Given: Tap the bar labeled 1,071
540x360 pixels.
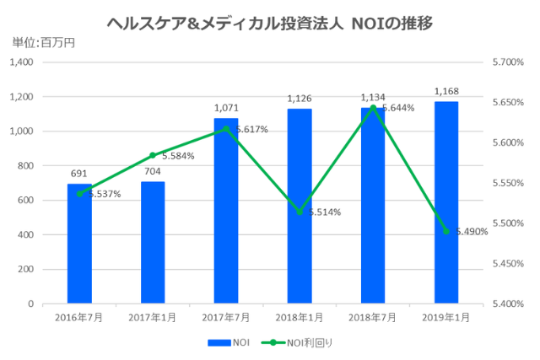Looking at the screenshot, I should [226, 211].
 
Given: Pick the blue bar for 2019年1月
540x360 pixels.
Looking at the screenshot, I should [446, 202].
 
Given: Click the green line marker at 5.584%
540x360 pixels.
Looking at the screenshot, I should [153, 155].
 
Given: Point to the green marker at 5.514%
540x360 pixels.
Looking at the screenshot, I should [300, 212].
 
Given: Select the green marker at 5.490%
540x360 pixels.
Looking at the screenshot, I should [446, 231].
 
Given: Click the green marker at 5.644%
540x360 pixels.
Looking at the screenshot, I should [373, 107].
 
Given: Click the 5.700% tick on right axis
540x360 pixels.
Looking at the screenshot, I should [507, 62].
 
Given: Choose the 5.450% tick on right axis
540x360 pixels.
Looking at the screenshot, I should [507, 263].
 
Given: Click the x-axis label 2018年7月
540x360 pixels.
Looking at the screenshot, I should [373, 318].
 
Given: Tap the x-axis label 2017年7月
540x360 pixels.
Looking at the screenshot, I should [226, 318].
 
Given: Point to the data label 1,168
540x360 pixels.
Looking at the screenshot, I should [446, 91].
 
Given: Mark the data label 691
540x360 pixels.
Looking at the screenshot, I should [79, 174].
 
